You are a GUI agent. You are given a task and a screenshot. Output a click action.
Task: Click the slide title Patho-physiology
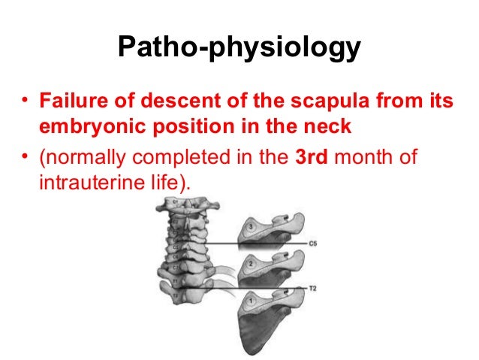coord(239,49)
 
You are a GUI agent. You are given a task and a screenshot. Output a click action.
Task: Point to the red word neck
coord(330,126)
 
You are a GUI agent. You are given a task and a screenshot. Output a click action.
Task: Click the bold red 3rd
coord(306,158)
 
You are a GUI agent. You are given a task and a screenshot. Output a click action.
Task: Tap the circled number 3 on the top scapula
coord(251,226)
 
